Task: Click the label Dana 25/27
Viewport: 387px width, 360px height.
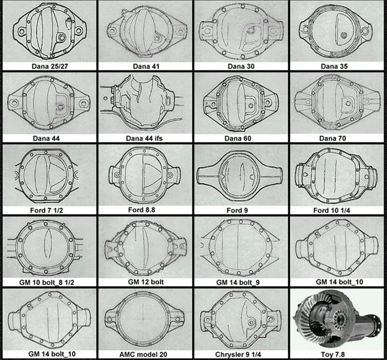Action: [50, 66]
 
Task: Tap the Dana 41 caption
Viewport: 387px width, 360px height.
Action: [146, 66]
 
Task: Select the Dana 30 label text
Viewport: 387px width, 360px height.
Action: [241, 66]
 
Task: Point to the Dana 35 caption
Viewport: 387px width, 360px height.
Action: [334, 66]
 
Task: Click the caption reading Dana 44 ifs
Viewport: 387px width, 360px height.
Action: [144, 138]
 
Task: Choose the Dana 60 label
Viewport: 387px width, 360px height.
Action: [238, 138]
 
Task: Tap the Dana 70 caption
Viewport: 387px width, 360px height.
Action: [332, 138]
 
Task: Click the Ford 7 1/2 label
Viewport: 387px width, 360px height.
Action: [46, 210]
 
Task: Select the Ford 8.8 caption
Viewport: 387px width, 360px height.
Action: [141, 210]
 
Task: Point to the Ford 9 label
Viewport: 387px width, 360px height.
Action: [237, 210]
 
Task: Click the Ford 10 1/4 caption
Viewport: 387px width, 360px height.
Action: [332, 210]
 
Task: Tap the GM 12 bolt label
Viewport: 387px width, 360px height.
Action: [146, 282]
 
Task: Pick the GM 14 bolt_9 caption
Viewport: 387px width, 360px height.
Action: [238, 282]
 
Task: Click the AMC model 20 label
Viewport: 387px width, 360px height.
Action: [143, 354]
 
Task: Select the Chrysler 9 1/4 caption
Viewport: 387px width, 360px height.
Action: [238, 354]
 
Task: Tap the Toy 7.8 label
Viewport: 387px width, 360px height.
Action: [332, 354]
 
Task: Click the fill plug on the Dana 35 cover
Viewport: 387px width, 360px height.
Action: [343, 35]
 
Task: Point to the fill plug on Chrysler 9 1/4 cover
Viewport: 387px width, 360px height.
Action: [251, 322]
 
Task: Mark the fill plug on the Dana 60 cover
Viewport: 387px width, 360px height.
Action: [251, 105]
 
